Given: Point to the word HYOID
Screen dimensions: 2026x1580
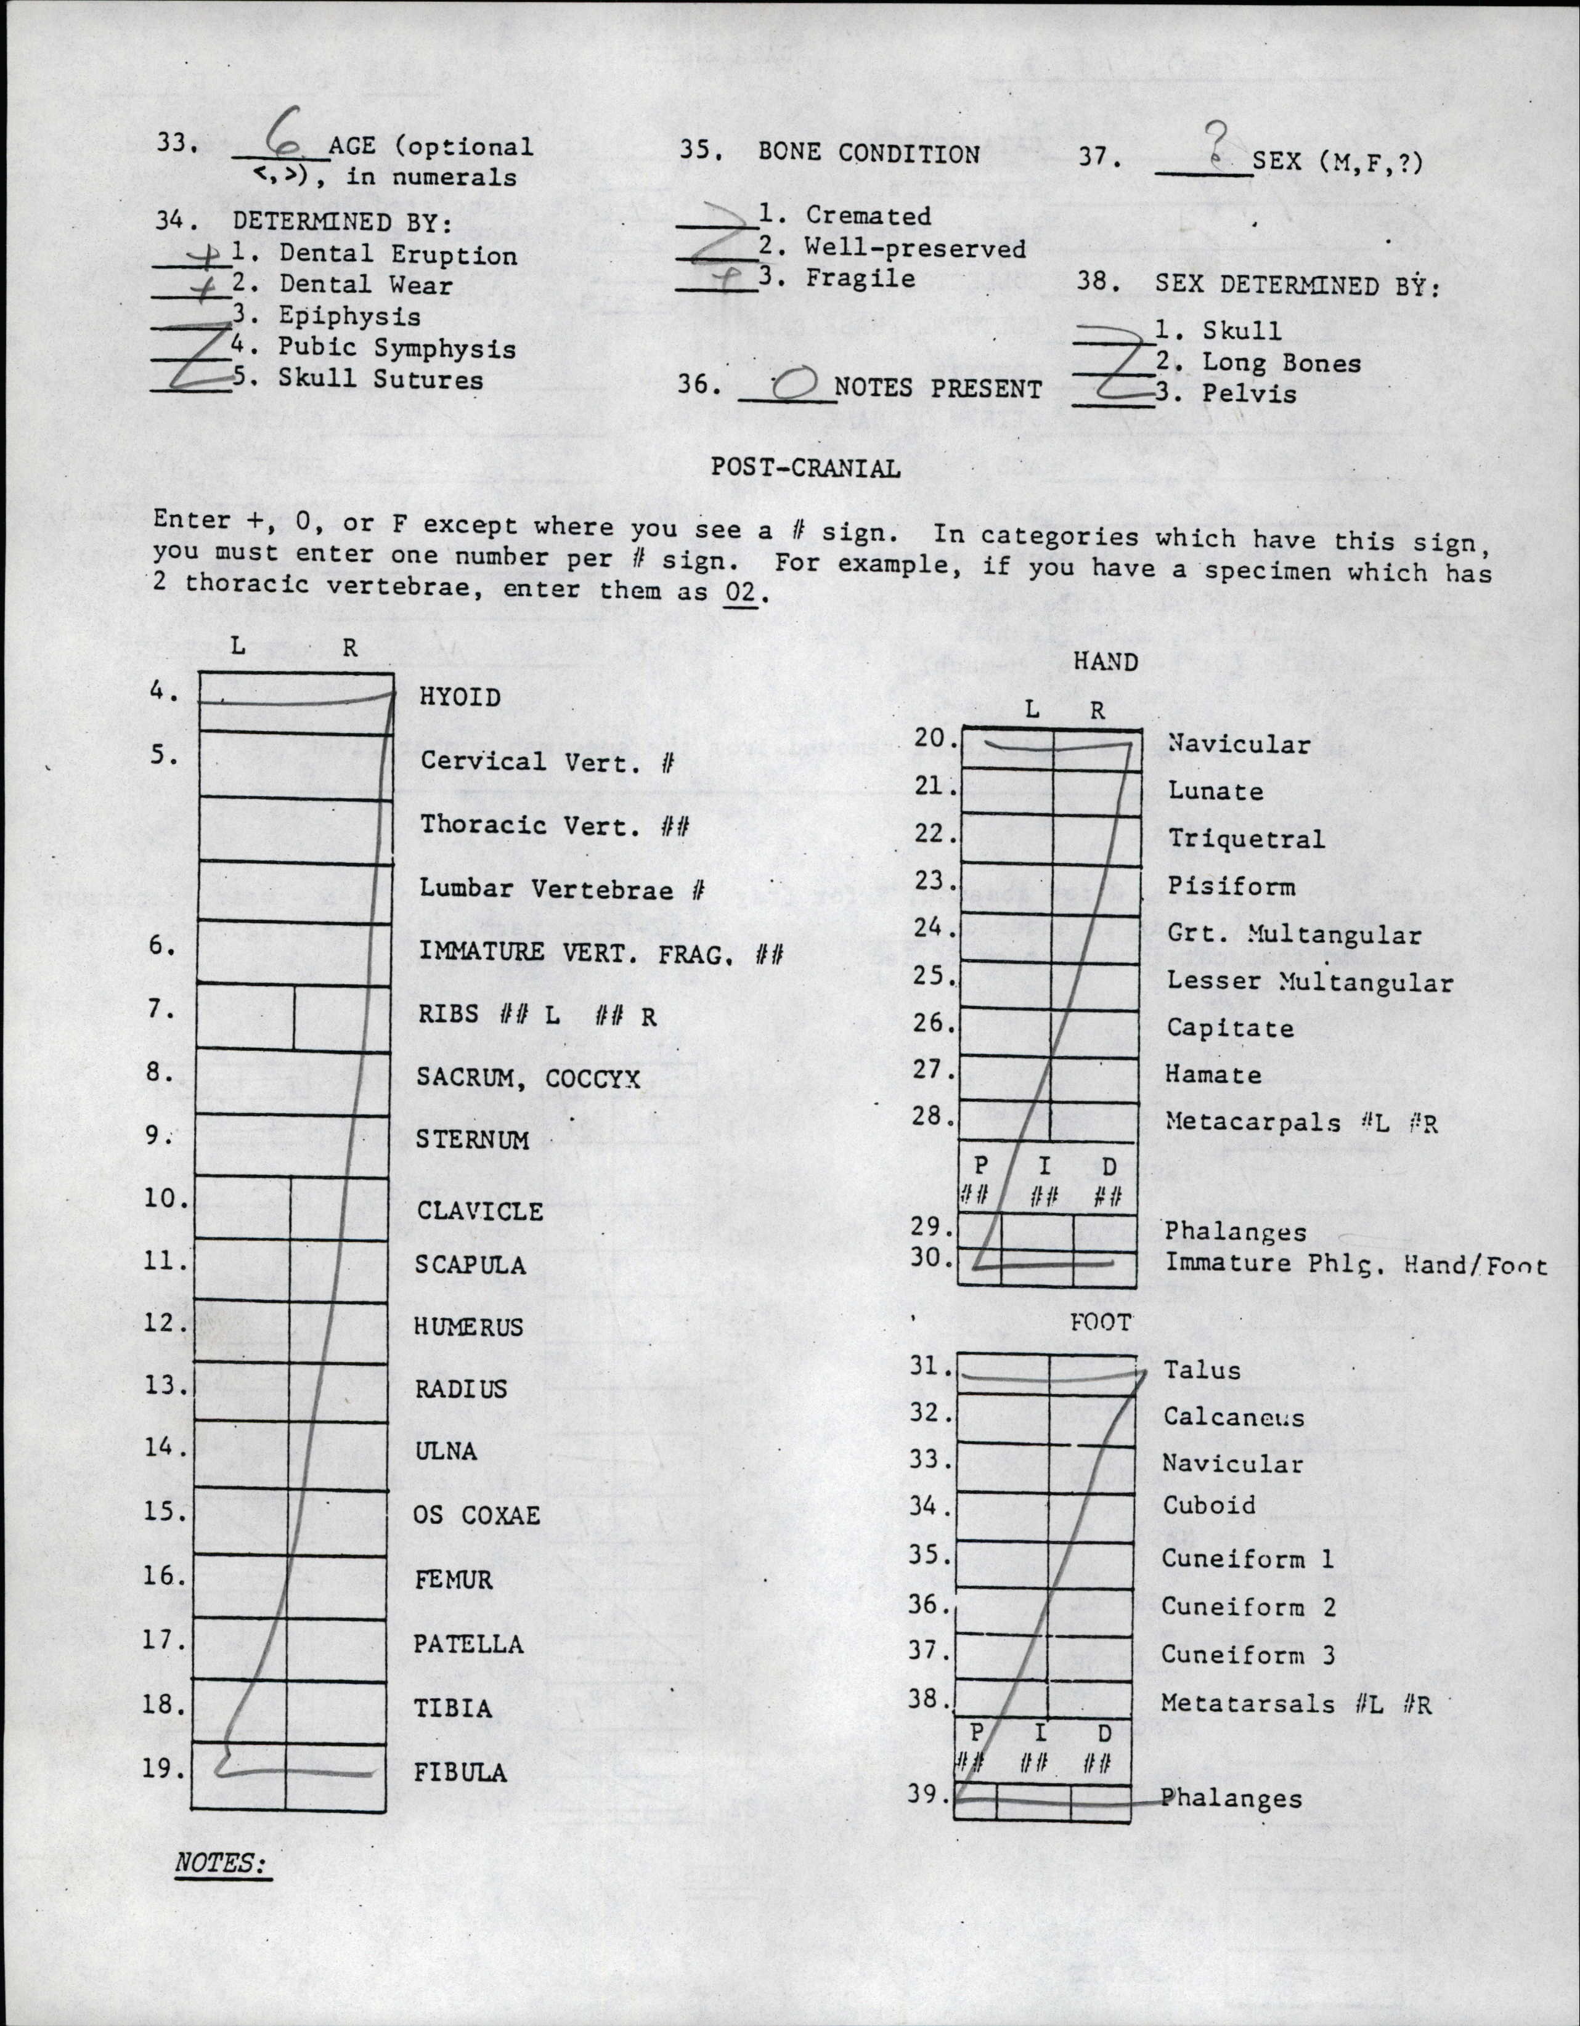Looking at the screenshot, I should click(x=460, y=697).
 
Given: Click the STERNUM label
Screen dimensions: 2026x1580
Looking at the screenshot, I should click(x=472, y=1140).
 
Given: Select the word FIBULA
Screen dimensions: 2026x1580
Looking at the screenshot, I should click(x=460, y=1773).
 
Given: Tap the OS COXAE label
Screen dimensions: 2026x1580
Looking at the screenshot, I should click(x=476, y=1515).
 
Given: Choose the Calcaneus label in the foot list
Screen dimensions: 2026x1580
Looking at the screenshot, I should click(x=1233, y=1417).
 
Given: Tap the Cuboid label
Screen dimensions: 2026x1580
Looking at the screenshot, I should click(x=1208, y=1505).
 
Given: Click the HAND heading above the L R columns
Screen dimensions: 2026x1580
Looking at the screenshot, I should click(x=1105, y=662).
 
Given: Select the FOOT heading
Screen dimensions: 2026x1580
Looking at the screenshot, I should click(x=1101, y=1323).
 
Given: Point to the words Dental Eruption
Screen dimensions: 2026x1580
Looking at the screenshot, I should click(x=398, y=254).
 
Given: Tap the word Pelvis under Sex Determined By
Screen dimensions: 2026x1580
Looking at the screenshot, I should click(x=1249, y=394).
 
